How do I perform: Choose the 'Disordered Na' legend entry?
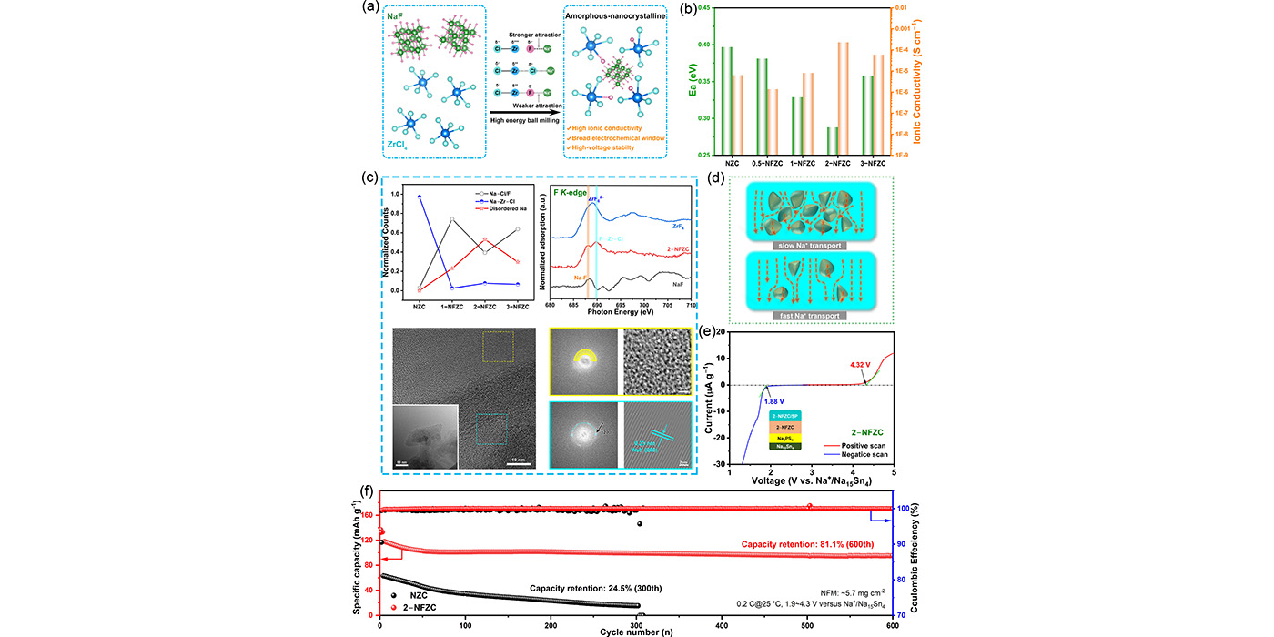[498, 209]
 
